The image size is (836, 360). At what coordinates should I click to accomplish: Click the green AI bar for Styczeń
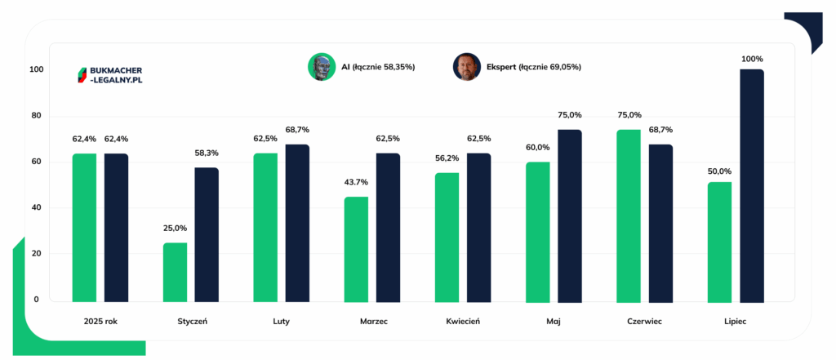point(175,273)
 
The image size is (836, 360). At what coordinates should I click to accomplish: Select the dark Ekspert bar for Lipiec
point(752,186)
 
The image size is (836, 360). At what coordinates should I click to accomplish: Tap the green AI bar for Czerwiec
point(629,216)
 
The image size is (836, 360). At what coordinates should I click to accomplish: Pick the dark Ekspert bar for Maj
point(570,216)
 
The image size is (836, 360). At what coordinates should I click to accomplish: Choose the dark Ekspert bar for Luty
point(297,224)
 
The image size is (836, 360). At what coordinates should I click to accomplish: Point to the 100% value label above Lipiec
point(752,59)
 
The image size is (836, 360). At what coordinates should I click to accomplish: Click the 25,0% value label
point(175,229)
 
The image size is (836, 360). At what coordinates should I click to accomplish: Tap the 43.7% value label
point(356,182)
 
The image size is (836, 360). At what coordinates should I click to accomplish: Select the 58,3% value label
point(207,153)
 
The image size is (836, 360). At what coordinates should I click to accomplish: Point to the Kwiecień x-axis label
point(464,322)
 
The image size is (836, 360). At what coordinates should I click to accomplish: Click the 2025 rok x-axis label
point(100,322)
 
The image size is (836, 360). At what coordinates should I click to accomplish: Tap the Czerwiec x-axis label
point(645,322)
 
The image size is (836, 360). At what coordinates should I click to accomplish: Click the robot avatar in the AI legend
point(322,67)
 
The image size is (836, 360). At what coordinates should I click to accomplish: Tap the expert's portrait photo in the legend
point(467,67)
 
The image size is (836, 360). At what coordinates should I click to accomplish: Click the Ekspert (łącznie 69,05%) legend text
point(534,67)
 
